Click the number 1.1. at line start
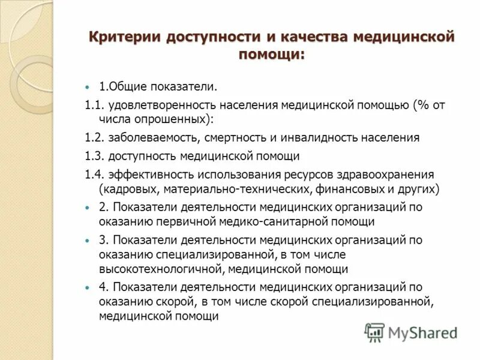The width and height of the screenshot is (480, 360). coord(95,105)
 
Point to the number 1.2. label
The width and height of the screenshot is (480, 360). coord(95,137)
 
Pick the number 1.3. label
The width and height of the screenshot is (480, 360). coord(95,156)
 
